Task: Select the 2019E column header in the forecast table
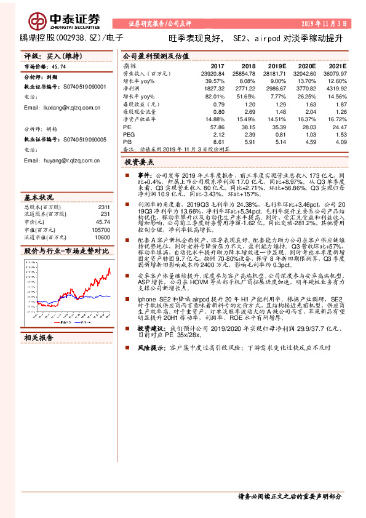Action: tap(277, 65)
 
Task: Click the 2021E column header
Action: tap(338, 65)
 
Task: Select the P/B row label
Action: tap(128, 141)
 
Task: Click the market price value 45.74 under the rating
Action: tap(60, 66)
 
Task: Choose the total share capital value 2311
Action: tap(104, 207)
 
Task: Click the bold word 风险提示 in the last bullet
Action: tap(150, 347)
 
